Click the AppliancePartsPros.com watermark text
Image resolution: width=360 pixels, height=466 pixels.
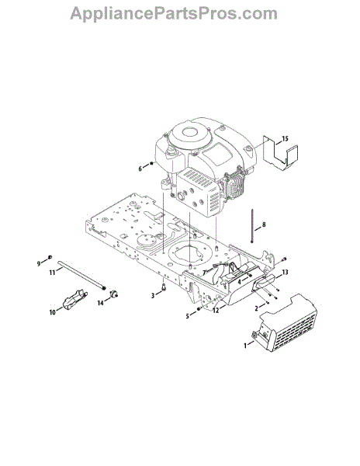[174, 14]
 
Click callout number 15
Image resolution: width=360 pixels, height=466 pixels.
[285, 139]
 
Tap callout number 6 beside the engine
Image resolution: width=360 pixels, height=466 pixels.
[140, 169]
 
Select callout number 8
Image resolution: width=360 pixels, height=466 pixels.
[264, 224]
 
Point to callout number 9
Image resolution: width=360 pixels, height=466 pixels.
[39, 263]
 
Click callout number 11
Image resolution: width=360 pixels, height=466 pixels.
[52, 272]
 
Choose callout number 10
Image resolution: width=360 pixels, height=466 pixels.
[52, 312]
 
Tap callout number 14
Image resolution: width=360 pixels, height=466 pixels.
[101, 303]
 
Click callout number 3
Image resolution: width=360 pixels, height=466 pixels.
[153, 296]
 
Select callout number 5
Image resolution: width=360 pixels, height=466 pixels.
[187, 316]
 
